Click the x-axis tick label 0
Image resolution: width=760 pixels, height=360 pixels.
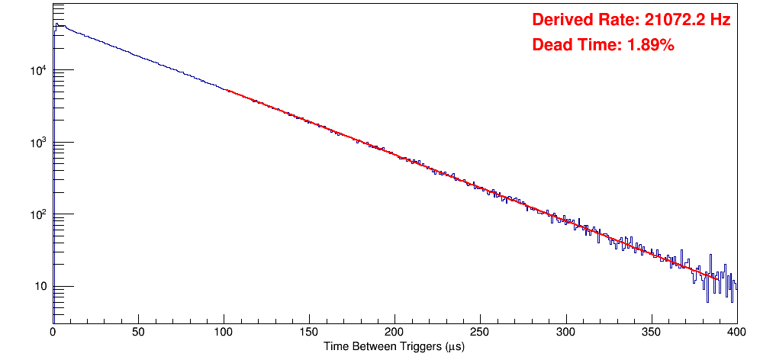coord(52,332)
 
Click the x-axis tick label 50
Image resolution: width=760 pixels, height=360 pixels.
coord(138,332)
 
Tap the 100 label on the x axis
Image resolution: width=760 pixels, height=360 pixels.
coord(224,332)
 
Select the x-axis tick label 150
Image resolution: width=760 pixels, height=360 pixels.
coord(309,332)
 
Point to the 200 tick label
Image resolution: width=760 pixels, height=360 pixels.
coord(394,332)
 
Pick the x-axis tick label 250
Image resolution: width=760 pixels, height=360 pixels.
coord(480,332)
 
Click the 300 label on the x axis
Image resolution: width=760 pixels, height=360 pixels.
coord(565,332)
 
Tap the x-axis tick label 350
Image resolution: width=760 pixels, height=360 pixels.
coord(651,332)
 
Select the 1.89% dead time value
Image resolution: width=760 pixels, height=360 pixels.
coord(650,45)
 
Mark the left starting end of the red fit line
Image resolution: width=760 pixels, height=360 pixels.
coord(227,90)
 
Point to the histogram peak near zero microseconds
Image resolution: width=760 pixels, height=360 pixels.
coord(56,24)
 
